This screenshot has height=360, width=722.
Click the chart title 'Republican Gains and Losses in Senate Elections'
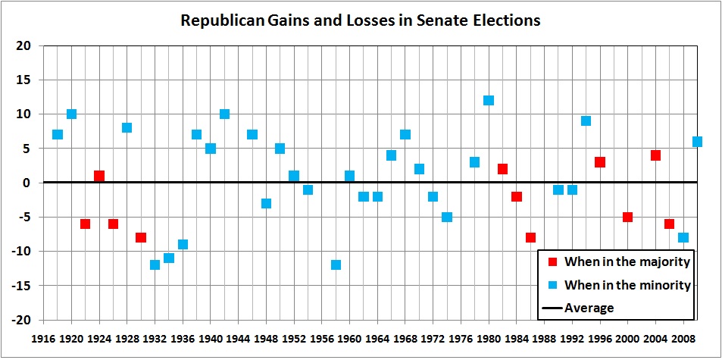[x=360, y=20]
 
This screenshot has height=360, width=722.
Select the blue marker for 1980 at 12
[x=489, y=100]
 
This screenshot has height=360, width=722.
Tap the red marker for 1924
[x=99, y=176]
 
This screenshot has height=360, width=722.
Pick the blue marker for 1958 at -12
[x=336, y=265]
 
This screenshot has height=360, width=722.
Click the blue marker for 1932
[x=155, y=265]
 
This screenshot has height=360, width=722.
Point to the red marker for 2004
[x=655, y=155]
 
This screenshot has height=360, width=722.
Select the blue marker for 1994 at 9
[x=586, y=121]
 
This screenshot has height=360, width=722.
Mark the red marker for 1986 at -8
[x=530, y=237]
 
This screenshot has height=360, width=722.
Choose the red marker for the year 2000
[x=627, y=217]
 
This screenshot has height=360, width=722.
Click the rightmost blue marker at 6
[x=697, y=142]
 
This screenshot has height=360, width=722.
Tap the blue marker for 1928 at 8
[x=127, y=127]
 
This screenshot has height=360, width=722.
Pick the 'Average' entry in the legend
[x=589, y=308]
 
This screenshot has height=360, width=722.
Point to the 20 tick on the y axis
[x=24, y=45]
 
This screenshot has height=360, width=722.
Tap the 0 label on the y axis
[x=27, y=183]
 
